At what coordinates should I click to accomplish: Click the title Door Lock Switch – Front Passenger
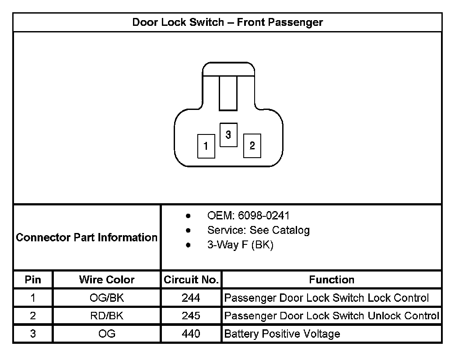227,22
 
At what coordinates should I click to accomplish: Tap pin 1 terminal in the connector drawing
206,146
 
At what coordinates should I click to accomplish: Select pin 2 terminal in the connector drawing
252,146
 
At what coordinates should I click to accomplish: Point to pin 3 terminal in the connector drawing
228,135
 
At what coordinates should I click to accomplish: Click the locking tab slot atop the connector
228,93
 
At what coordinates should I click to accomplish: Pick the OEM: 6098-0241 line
248,216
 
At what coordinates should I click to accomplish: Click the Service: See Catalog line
258,230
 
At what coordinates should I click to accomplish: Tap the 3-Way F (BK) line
240,245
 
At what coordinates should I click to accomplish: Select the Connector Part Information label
87,237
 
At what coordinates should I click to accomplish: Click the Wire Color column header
107,280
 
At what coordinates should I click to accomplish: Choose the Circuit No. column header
191,280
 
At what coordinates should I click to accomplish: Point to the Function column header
332,280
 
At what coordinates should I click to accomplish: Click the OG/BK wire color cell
107,298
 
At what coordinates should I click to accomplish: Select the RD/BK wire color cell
107,316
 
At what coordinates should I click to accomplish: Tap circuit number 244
191,298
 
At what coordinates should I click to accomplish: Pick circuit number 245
191,316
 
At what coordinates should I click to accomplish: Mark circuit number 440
191,334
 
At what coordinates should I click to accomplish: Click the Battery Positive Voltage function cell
282,334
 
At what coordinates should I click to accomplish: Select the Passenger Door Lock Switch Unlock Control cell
331,316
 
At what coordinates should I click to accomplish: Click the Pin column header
33,280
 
